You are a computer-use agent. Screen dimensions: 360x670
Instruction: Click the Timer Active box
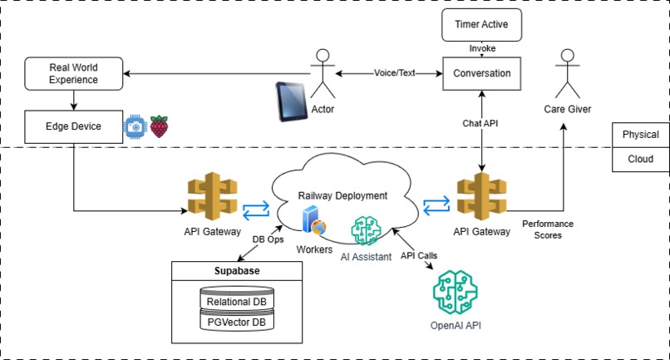pyautogui.click(x=481, y=24)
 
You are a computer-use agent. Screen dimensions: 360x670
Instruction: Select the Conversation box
pyautogui.click(x=481, y=73)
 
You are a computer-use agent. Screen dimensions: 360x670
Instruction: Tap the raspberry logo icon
pyautogui.click(x=158, y=127)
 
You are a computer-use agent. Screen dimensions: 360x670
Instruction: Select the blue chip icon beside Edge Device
pyautogui.click(x=134, y=127)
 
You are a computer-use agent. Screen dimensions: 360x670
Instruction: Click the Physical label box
pyautogui.click(x=640, y=135)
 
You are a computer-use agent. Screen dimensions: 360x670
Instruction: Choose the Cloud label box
pyautogui.click(x=640, y=159)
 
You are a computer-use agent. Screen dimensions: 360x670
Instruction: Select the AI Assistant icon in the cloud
pyautogui.click(x=367, y=229)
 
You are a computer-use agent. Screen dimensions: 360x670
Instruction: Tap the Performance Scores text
pyautogui.click(x=548, y=229)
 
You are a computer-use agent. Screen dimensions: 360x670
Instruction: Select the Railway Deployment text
pyautogui.click(x=342, y=195)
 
